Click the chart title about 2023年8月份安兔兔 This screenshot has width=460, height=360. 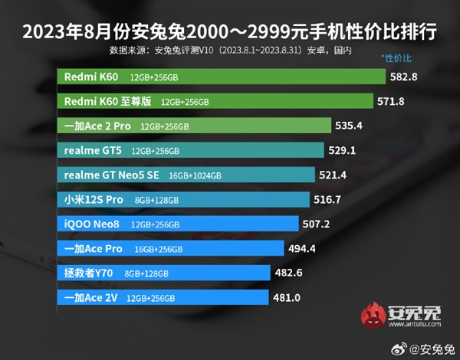(x=230, y=32)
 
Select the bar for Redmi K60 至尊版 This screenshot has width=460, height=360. (x=215, y=101)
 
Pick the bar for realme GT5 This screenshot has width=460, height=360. (x=191, y=150)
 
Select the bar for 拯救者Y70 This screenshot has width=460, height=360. (x=164, y=273)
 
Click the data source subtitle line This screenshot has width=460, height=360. (x=230, y=51)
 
